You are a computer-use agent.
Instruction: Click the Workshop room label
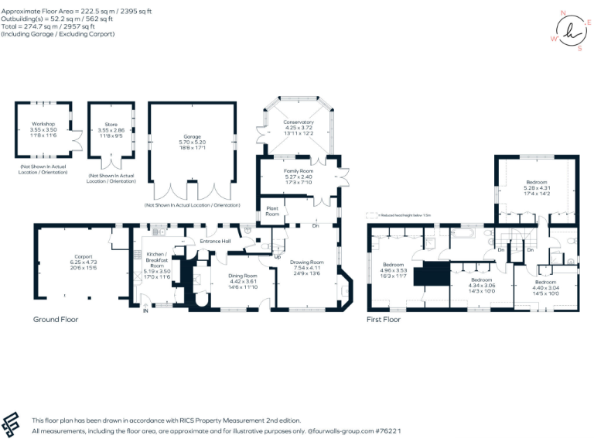coord(43,125)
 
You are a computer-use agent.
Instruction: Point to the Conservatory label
coord(299,122)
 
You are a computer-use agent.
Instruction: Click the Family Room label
coord(297,170)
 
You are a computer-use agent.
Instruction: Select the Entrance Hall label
coord(215,242)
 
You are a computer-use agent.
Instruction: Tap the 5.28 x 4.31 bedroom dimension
coord(536,187)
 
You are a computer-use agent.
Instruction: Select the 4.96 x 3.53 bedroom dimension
coord(394,270)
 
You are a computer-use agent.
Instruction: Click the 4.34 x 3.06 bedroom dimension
coord(482,286)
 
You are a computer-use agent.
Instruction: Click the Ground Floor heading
coord(56,319)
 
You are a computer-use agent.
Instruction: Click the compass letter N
coord(564,13)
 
